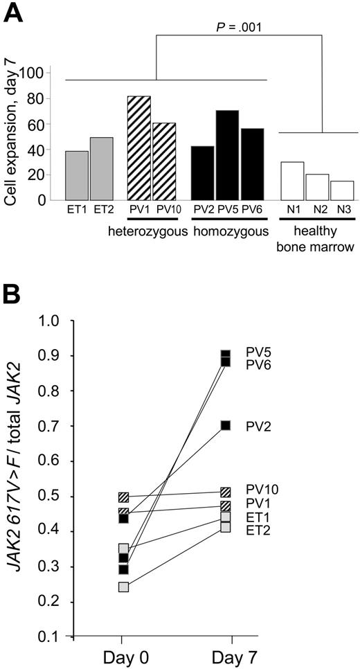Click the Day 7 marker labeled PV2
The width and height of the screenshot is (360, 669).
226,425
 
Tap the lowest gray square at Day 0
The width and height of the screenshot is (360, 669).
123,587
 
